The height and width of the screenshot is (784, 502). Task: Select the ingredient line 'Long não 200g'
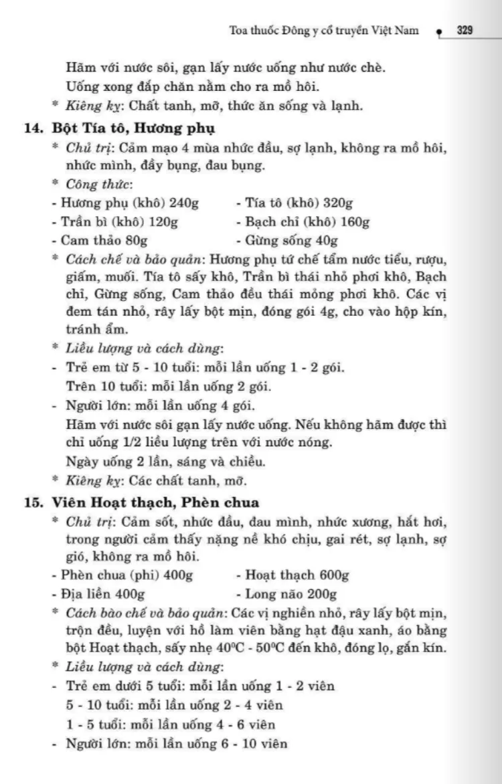click(x=286, y=593)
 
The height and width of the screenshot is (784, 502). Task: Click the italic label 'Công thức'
click(x=98, y=184)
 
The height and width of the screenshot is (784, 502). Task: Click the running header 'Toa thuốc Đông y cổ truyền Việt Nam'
click(x=324, y=30)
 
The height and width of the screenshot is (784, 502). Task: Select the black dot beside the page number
click(x=438, y=31)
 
